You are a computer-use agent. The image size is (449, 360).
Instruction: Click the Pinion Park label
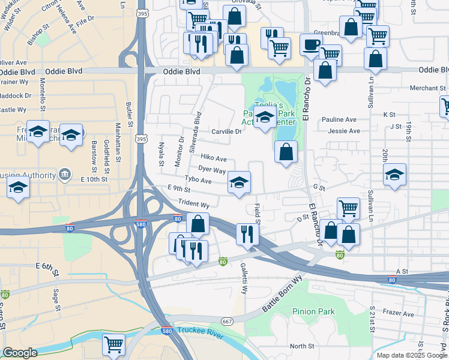313,311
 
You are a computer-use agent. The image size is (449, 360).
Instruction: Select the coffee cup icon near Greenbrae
311,44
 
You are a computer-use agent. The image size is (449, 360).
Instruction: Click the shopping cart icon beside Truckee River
113,344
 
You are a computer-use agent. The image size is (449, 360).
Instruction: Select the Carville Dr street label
226,131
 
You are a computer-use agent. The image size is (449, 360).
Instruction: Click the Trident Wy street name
193,205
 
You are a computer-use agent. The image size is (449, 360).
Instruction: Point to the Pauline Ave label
339,119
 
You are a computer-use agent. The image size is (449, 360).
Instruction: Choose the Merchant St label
427,88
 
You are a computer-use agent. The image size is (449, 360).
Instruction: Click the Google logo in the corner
20,353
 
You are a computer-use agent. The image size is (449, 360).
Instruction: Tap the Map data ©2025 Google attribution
411,355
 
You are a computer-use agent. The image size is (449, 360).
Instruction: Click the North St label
302,346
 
